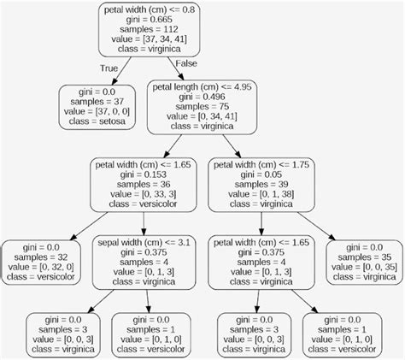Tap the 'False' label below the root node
point(187,63)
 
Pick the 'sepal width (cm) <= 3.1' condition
point(141,242)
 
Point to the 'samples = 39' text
point(260,184)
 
